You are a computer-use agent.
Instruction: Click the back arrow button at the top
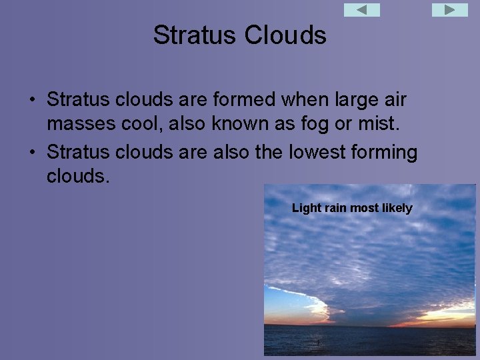(x=361, y=10)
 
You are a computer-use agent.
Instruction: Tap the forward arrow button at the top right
(x=450, y=10)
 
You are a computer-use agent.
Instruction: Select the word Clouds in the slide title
(x=285, y=35)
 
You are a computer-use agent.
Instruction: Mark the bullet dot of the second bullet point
(x=31, y=153)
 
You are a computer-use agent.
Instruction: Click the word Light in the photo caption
(x=307, y=209)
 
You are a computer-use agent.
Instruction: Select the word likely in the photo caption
(x=397, y=209)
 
